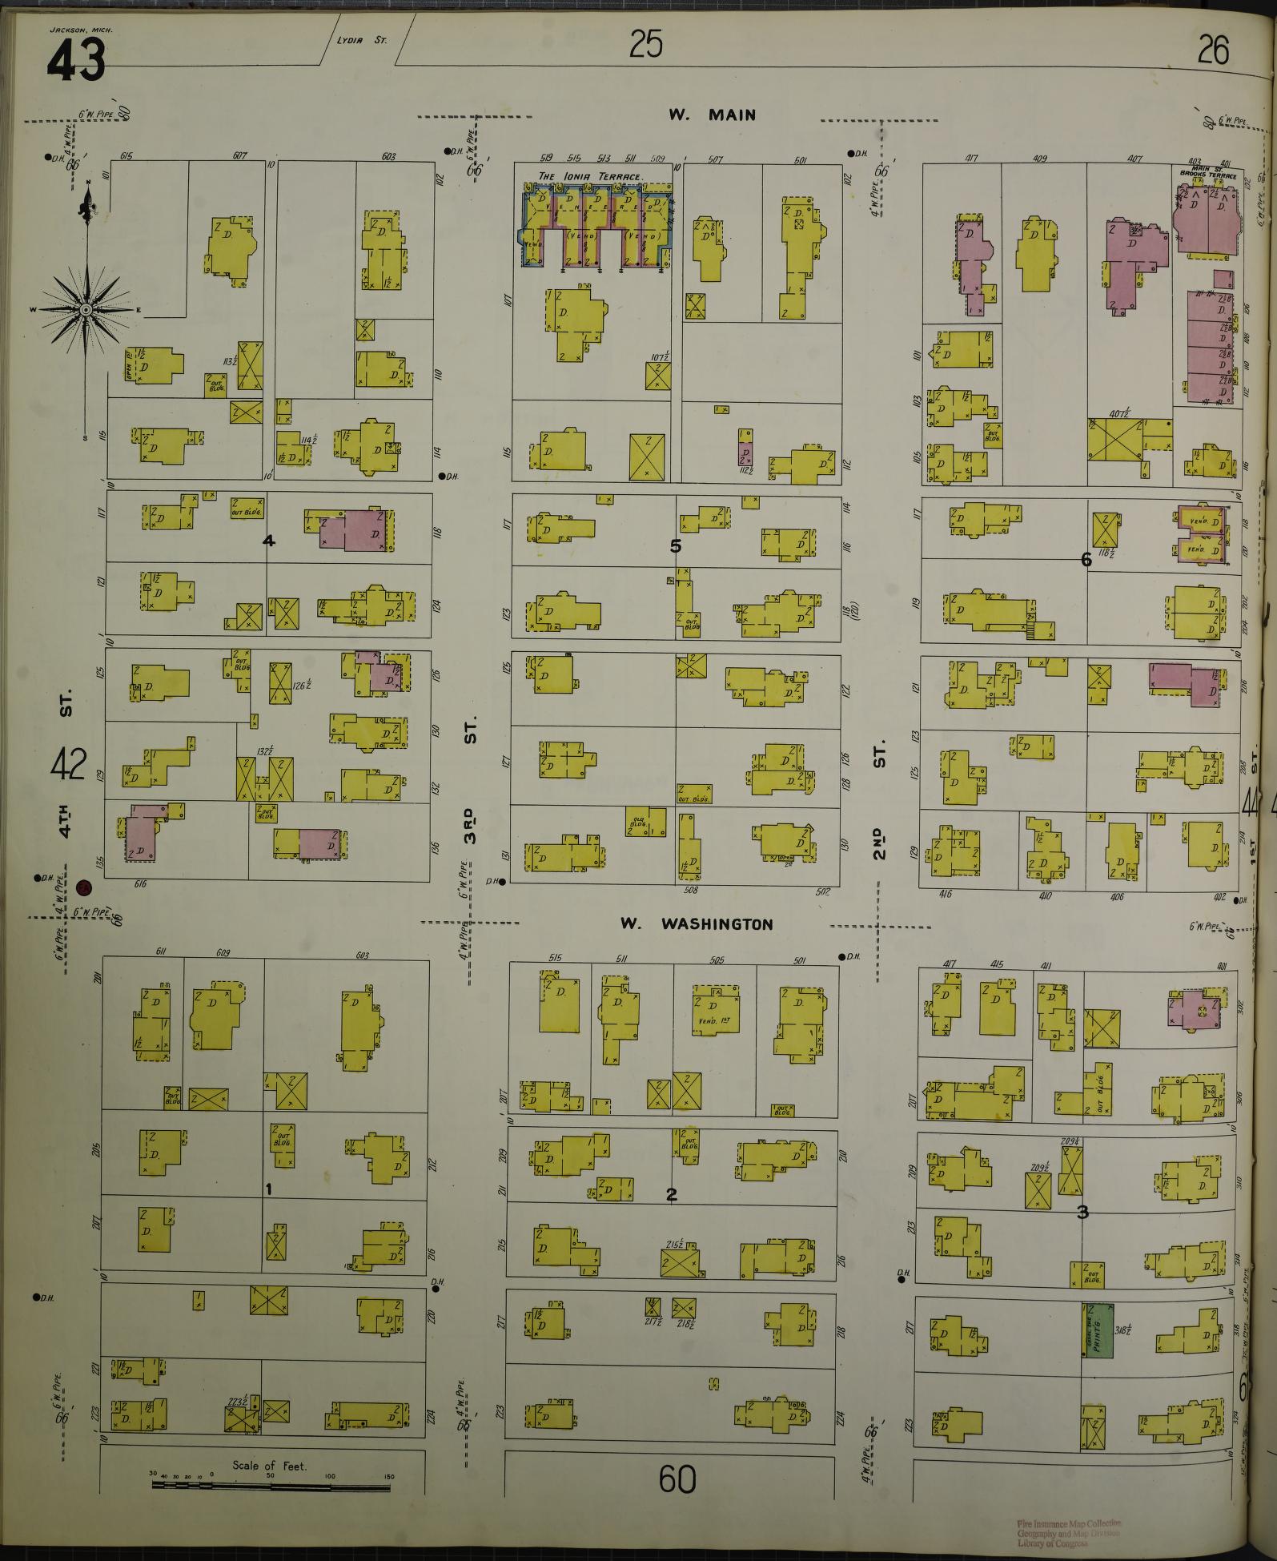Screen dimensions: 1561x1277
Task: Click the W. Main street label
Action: coord(712,115)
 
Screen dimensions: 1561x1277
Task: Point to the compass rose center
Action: coord(85,309)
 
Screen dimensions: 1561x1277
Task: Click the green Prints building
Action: coord(1098,1330)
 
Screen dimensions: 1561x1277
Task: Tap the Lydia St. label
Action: coord(368,38)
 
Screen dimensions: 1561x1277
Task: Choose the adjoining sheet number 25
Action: coord(645,45)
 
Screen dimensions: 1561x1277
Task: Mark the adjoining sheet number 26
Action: coord(1213,50)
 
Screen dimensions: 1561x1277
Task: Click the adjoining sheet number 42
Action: coord(67,765)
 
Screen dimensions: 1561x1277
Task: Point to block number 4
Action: coord(269,541)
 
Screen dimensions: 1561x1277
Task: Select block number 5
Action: coord(676,546)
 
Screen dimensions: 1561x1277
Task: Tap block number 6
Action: coord(1086,560)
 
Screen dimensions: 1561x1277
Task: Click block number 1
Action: coord(269,1189)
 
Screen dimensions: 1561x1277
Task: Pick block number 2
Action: coord(672,1195)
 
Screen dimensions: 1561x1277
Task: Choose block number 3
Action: coord(1082,1212)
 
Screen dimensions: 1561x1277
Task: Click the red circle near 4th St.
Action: coord(82,887)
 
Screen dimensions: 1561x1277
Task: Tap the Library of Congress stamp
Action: coord(1068,1532)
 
